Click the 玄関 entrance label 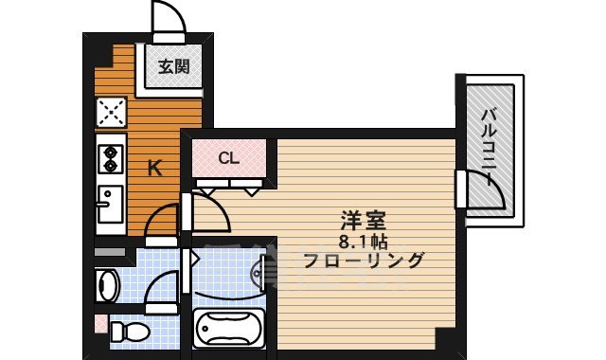pos(173,66)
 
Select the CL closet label pos(229,158)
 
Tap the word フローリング pos(363,261)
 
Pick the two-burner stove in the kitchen pos(110,157)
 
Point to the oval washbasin pos(107,284)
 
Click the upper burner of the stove pos(110,150)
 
